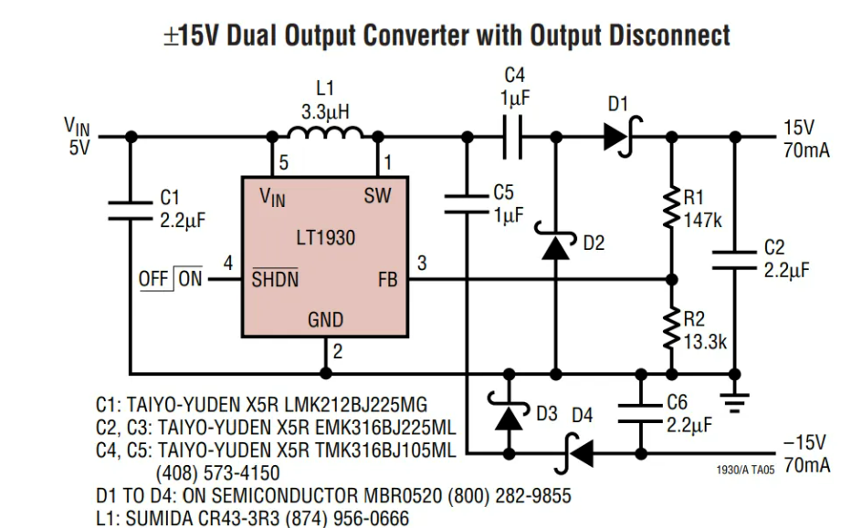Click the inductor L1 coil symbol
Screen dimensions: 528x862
coord(324,135)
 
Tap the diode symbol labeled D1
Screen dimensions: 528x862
coord(618,137)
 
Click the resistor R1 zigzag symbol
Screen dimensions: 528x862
coord(672,207)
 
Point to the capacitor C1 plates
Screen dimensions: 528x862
coord(130,211)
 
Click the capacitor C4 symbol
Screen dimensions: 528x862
coord(515,137)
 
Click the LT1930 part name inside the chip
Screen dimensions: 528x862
coord(326,238)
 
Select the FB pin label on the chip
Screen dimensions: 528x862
coord(387,280)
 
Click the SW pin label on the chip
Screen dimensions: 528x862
coord(378,195)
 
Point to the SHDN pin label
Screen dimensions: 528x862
coord(275,279)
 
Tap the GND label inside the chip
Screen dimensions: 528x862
coord(325,319)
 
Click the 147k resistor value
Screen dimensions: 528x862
coord(703,220)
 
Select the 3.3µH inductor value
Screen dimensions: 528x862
coord(325,111)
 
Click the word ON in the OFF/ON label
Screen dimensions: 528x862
coord(190,279)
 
